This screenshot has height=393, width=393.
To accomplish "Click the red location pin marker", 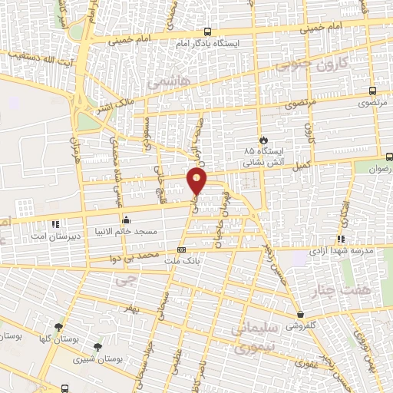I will pos(197,180).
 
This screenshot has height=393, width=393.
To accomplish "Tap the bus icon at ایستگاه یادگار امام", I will pos(208,32).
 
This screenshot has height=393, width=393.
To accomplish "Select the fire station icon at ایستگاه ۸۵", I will pos(263,140).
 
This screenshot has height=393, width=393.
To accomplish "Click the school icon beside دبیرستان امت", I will pos(54,224).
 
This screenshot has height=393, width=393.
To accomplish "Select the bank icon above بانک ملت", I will pos(181,249).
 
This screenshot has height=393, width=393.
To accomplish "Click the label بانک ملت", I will pos(182,261).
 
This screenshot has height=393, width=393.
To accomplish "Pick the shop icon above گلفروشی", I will pos(301,315).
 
